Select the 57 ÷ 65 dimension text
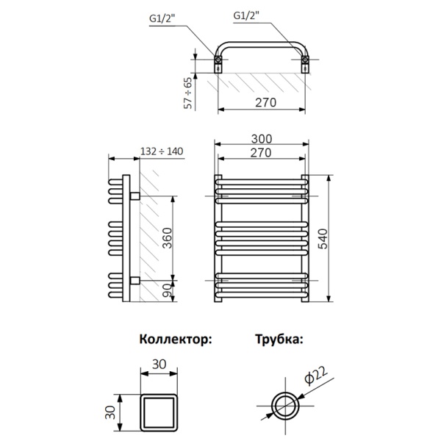[x=188, y=93]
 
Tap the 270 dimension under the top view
[x=262, y=102]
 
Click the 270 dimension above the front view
[x=262, y=153]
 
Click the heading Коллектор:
[x=175, y=340]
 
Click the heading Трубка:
[x=279, y=340]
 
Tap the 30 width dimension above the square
[x=159, y=364]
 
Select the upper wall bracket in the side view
[x=135, y=196]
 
